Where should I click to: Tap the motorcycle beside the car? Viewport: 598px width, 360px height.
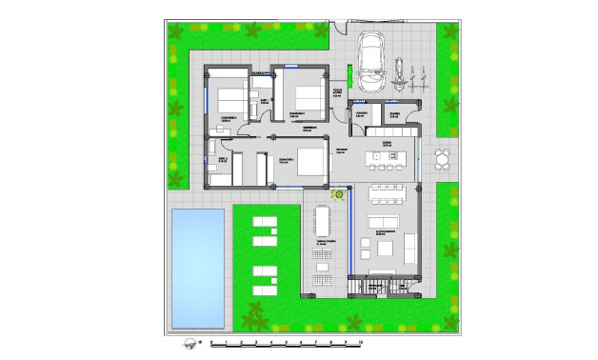pos(400,72)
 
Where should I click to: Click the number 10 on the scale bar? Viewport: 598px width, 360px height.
pos(362,340)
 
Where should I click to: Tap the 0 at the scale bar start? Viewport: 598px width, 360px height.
pos(211,340)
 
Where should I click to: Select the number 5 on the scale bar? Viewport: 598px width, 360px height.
pos(287,340)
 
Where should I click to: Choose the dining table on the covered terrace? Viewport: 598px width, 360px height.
pos(322,221)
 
